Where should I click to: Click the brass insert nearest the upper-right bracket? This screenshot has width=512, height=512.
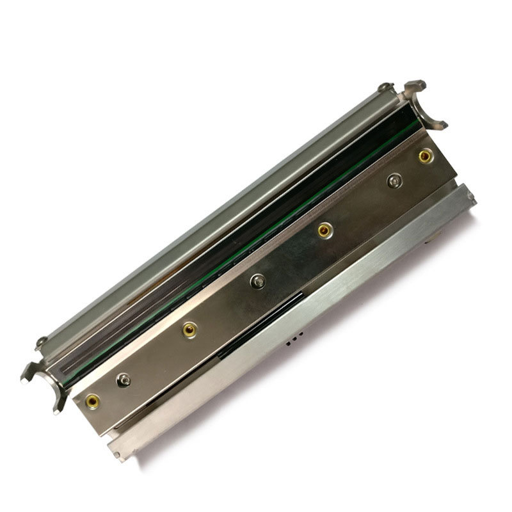tap(424, 155)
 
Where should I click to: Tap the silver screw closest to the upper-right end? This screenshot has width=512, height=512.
tap(393, 182)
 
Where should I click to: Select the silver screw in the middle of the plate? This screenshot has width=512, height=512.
tap(258, 279)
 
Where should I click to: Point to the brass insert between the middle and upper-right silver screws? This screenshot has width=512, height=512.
tap(325, 229)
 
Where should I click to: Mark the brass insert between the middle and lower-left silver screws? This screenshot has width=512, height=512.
tap(189, 330)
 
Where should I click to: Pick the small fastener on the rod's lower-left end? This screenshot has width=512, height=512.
tap(41, 342)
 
